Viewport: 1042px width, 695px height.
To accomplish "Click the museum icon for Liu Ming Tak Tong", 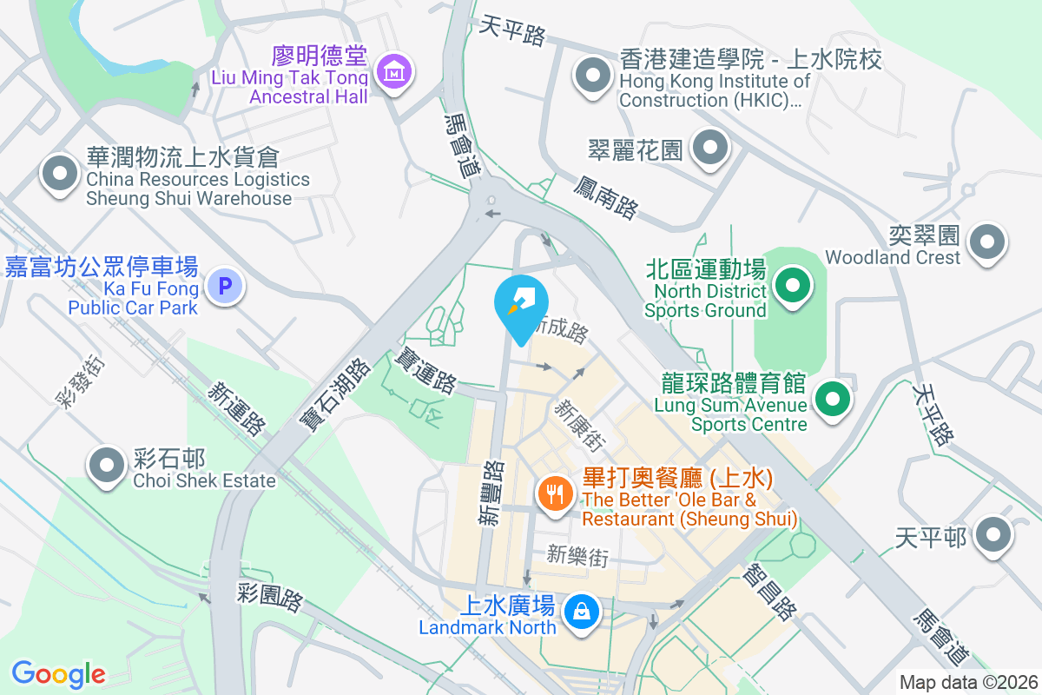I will [x=395, y=72].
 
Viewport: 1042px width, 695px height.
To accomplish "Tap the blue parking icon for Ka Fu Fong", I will [x=226, y=286].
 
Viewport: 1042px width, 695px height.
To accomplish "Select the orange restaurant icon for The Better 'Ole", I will [x=554, y=494].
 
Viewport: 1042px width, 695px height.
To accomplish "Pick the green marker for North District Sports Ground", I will [x=792, y=286].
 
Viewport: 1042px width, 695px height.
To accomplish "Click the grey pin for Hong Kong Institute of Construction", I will [x=594, y=75].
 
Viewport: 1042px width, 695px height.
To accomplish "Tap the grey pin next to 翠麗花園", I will [x=710, y=149].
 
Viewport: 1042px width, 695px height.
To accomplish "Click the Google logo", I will [x=58, y=673].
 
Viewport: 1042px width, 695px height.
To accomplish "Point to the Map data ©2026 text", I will [x=968, y=683].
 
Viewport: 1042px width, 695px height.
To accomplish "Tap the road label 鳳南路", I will [x=606, y=195].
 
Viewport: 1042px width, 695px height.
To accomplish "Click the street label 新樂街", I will [x=577, y=555].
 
